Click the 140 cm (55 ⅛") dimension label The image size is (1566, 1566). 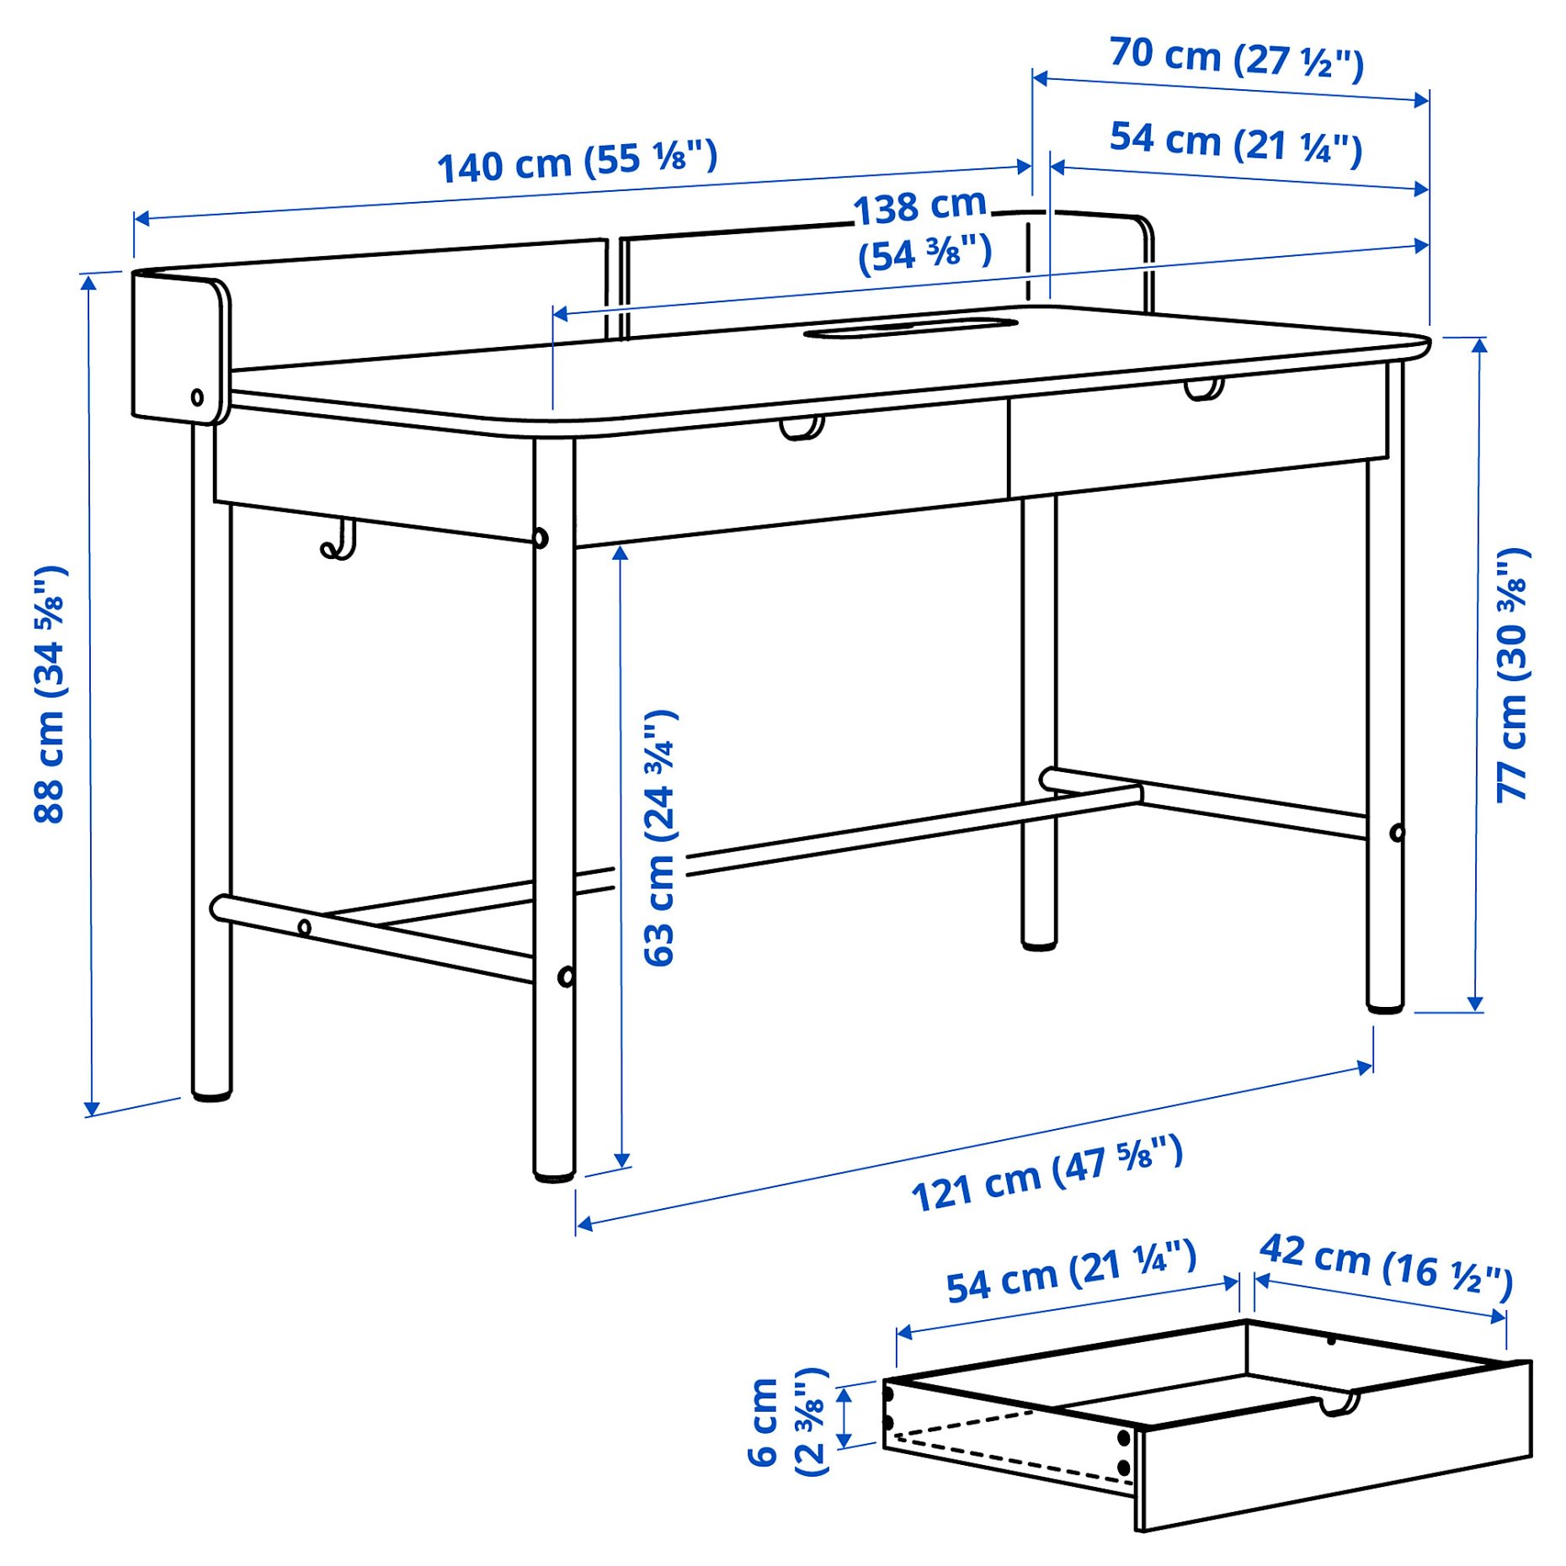click(x=577, y=162)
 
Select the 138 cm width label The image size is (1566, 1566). click(x=923, y=231)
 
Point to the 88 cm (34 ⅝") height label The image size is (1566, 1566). click(x=51, y=694)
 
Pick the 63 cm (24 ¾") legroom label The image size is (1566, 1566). click(x=660, y=838)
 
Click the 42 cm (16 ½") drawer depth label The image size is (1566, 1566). click(x=1386, y=1265)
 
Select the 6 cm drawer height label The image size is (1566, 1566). click(x=788, y=1422)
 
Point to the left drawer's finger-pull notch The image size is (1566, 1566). click(x=801, y=428)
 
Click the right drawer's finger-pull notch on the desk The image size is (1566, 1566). click(x=1203, y=390)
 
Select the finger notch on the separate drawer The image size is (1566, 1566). click(x=1338, y=1404)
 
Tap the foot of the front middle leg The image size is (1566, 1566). click(x=554, y=1172)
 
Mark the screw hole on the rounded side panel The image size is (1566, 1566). click(x=197, y=397)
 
